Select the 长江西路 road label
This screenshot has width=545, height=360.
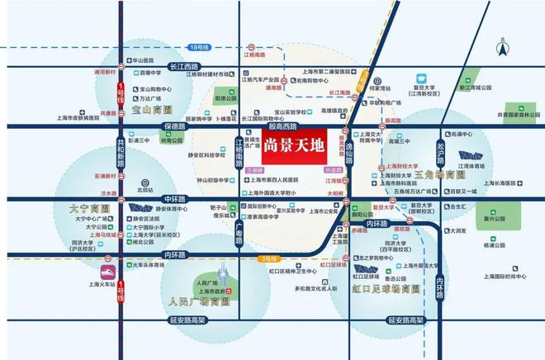tap(187, 66)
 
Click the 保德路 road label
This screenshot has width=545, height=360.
tap(177, 126)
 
